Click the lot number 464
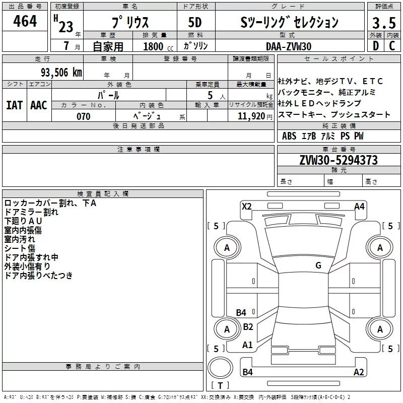[25, 21]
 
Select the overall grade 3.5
[384, 23]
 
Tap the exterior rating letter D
[376, 46]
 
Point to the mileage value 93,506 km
[61, 73]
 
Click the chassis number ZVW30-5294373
[339, 160]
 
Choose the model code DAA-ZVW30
[289, 46]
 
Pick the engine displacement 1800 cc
[158, 46]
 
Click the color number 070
[84, 116]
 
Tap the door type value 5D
[195, 22]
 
